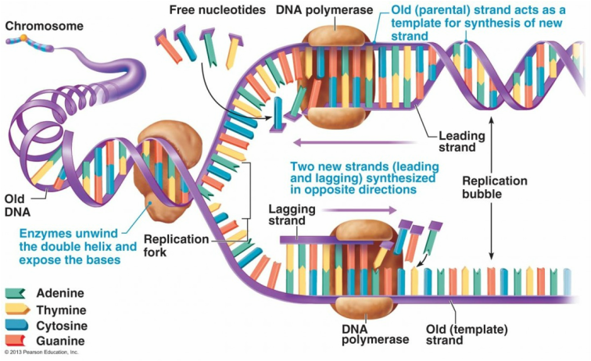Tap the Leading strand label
457,141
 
